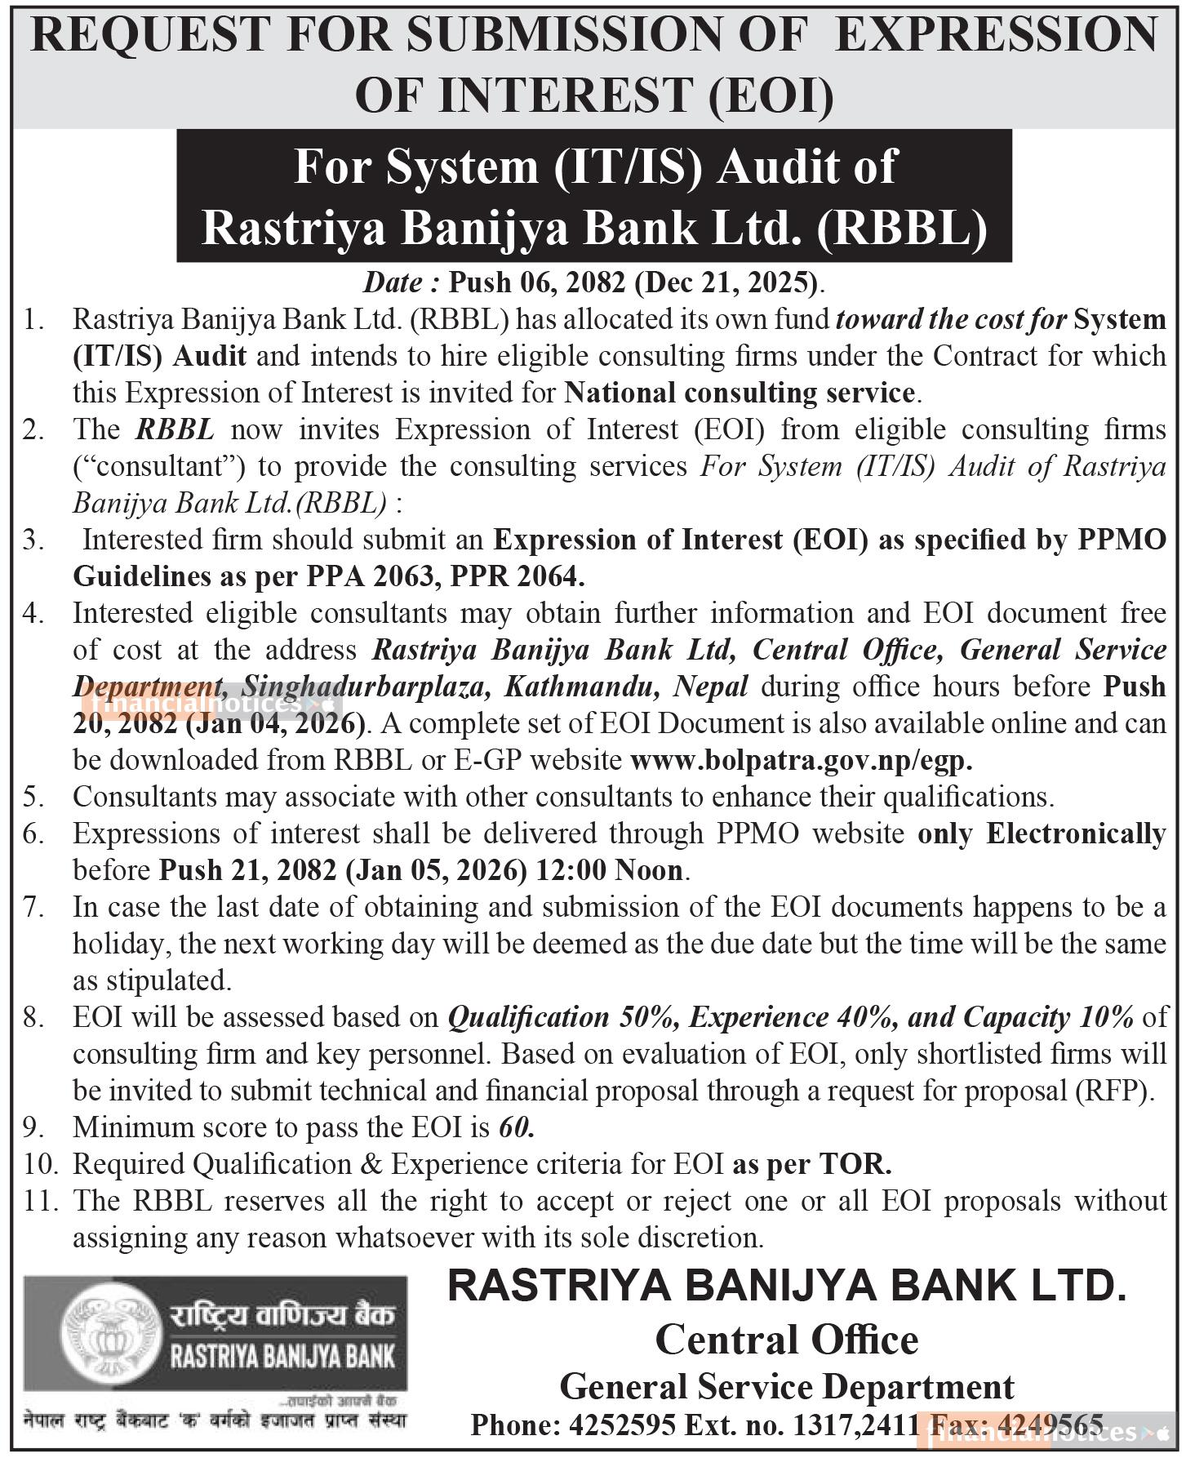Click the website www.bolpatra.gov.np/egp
coord(802,760)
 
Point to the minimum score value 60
coord(516,1127)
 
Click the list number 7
coord(33,907)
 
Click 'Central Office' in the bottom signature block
coord(786,1340)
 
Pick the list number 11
coord(36,1201)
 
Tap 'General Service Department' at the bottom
coord(786,1386)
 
